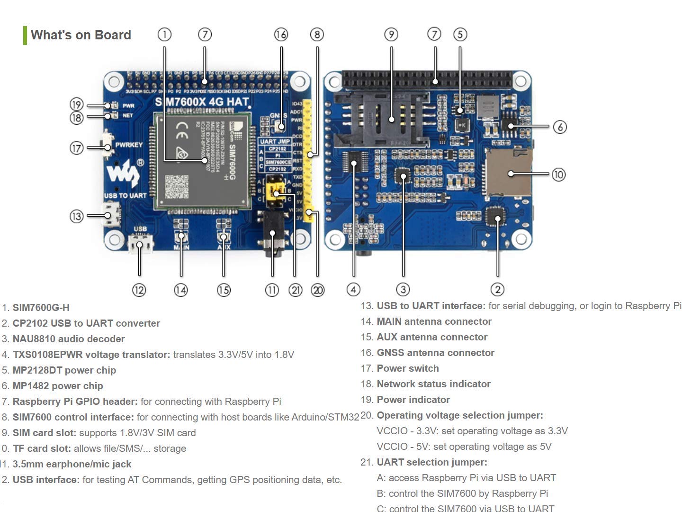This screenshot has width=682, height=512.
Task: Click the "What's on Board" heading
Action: [81, 35]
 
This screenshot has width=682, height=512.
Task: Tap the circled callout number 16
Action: [281, 35]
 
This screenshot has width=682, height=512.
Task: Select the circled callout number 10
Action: [558, 174]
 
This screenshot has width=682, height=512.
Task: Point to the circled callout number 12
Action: [139, 290]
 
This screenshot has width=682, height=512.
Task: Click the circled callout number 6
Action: [560, 127]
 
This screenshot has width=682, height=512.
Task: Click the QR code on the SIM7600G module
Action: [176, 187]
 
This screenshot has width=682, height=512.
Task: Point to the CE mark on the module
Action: [182, 130]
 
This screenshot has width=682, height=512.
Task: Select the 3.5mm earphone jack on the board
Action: [272, 235]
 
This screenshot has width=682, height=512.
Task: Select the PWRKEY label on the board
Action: [129, 145]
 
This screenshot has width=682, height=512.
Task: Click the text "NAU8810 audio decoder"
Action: [69, 339]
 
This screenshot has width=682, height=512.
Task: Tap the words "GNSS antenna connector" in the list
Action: [435, 353]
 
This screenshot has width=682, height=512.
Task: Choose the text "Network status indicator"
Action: [433, 384]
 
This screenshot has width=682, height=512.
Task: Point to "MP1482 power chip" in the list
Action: [58, 386]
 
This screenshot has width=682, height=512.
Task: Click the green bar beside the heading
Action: [25, 35]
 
